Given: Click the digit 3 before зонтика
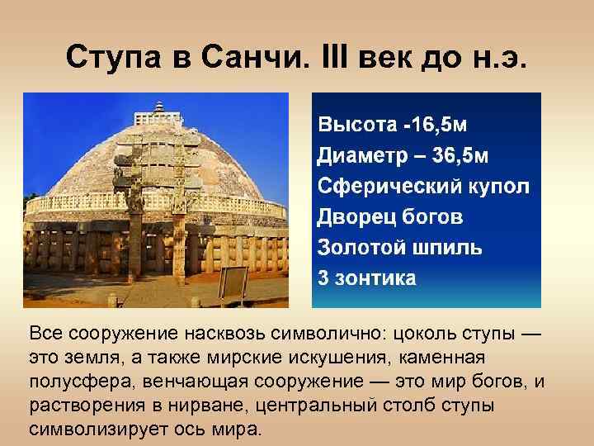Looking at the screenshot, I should click(x=323, y=278).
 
